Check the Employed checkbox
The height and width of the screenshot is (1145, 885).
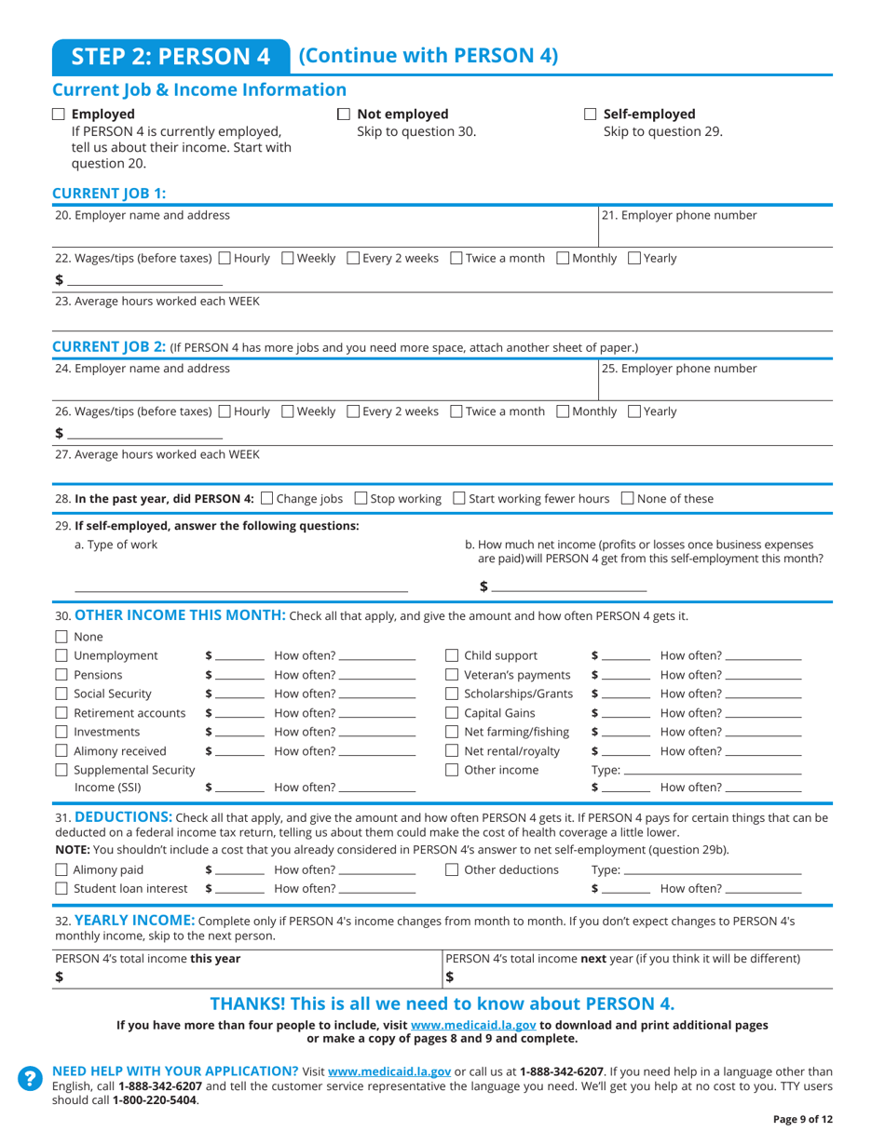click(59, 114)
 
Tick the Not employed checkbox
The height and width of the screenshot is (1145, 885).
click(344, 114)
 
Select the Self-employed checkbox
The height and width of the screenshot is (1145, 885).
click(591, 114)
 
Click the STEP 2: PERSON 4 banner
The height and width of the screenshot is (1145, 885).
click(170, 56)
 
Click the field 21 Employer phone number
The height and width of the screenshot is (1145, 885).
click(715, 233)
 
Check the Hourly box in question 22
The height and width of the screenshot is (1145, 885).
click(225, 258)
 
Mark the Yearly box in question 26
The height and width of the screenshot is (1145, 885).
click(634, 411)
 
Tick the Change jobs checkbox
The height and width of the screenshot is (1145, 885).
click(268, 499)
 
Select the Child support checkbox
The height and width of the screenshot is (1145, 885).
click(452, 655)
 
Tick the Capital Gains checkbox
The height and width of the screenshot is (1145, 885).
click(452, 714)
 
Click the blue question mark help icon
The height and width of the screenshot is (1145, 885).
click(30, 1077)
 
